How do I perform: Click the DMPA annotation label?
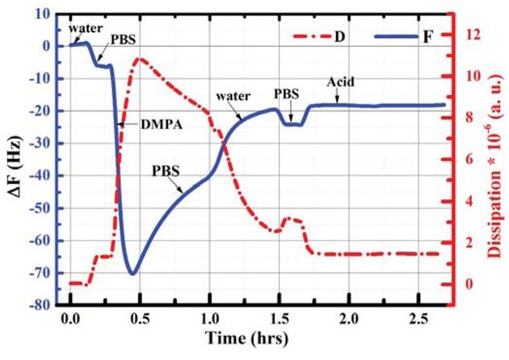(143, 124)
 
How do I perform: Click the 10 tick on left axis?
(45, 14)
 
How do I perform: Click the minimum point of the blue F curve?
(133, 274)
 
